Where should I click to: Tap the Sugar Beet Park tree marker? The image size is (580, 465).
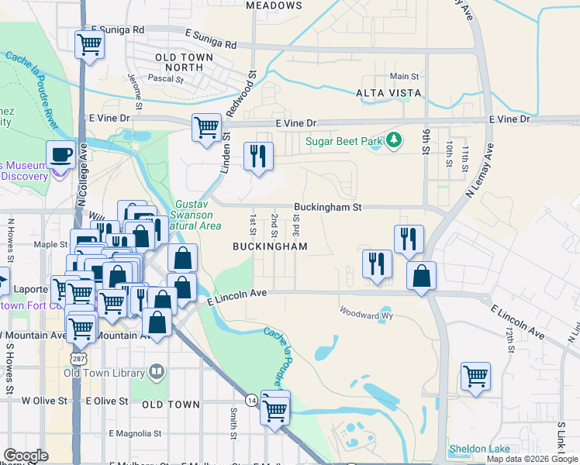395,139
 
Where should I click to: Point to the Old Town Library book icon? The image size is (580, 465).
157,373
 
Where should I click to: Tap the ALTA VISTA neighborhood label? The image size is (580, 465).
388,93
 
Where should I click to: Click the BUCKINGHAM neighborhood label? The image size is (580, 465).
270,246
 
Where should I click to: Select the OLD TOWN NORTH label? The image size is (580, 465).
180,63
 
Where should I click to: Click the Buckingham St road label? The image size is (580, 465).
328,207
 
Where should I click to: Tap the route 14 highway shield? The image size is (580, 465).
251,400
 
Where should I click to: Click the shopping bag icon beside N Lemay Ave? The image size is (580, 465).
421,277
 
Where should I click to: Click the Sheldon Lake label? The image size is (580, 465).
479,449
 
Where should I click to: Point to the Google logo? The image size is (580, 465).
26,456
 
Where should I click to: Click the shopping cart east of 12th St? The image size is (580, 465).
476,377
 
